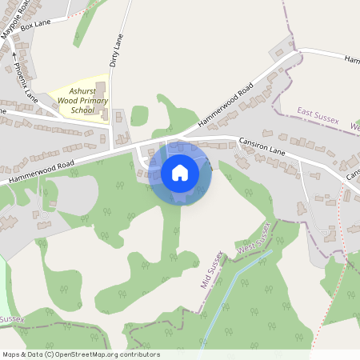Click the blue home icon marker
[x=180, y=172]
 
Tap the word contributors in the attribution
[x=136, y=354]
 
